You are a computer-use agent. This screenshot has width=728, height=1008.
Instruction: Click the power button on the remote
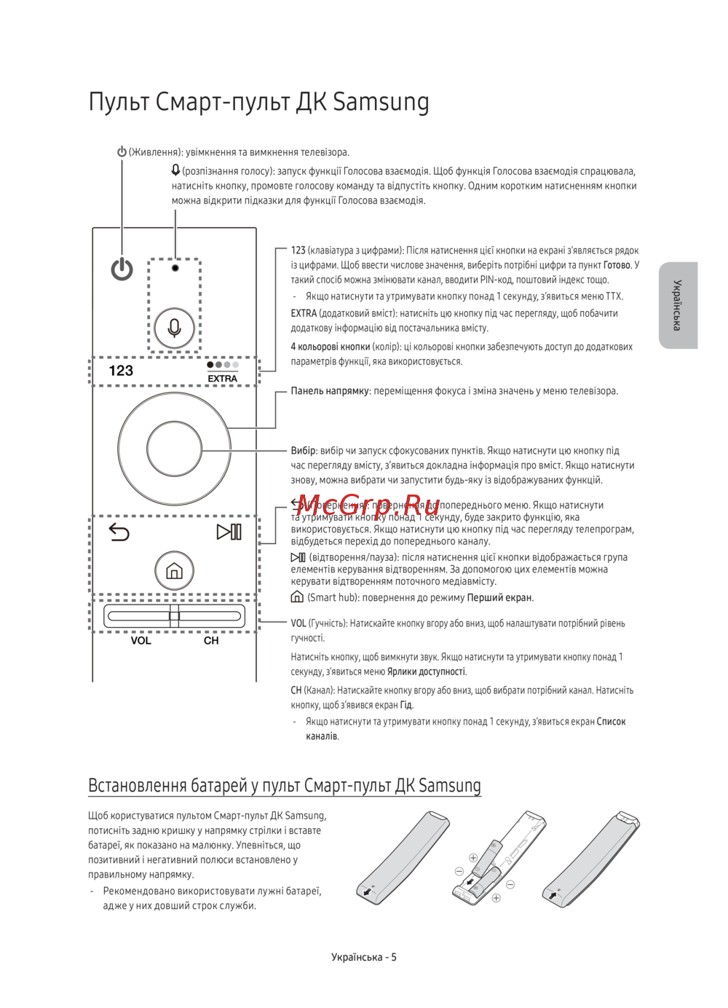(122, 269)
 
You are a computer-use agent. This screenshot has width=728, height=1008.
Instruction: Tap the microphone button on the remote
(175, 328)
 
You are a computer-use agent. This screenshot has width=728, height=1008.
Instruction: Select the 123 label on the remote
(121, 371)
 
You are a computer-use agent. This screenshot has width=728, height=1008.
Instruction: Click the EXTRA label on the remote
(222, 379)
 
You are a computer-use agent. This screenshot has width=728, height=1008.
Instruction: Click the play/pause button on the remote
(229, 532)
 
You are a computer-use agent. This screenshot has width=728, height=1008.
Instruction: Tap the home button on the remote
(174, 570)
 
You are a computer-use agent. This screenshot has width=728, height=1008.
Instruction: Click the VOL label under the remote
(141, 641)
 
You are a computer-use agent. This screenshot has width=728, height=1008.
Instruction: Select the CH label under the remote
(211, 641)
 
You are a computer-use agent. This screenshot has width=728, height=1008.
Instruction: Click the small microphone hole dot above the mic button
(175, 268)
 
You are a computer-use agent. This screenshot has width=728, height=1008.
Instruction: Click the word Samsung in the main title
(381, 102)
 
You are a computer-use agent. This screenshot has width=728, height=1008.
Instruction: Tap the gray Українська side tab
(678, 305)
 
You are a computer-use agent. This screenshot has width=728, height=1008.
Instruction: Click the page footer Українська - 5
(364, 957)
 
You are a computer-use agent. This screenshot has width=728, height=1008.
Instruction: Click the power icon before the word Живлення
(122, 152)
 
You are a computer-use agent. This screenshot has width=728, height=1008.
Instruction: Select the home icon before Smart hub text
(297, 597)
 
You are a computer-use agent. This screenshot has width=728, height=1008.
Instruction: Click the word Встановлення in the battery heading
(137, 785)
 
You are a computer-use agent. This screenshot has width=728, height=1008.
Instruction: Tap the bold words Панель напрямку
(331, 391)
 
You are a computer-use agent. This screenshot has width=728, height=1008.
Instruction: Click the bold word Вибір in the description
(303, 451)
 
